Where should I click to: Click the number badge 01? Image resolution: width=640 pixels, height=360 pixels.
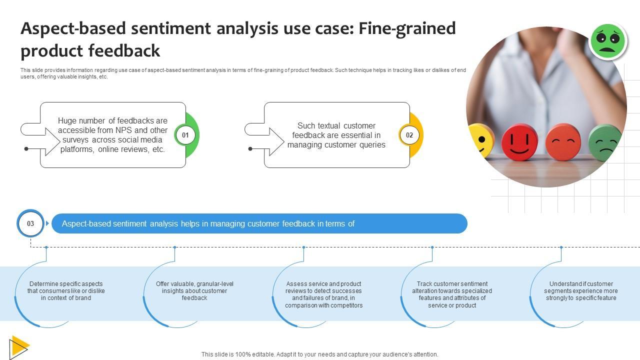tap(185, 135)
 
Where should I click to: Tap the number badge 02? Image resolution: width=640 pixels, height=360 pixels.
tap(409, 135)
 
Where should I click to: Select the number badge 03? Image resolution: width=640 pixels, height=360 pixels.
tap(30, 223)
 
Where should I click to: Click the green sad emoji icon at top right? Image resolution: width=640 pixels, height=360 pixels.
tap(607, 40)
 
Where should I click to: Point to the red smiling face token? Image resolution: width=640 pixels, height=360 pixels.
tap(519, 142)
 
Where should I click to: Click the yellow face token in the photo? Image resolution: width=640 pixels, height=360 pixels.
tap(480, 141)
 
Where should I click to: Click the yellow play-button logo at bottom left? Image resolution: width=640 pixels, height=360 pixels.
tap(19, 346)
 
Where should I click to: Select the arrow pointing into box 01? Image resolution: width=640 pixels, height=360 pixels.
tap(47, 141)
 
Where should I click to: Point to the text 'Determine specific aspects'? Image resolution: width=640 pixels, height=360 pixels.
tap(66, 284)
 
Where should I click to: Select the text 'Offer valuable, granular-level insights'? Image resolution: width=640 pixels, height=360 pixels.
tap(194, 287)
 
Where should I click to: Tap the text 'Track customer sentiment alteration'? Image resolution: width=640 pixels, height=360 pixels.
tap(452, 287)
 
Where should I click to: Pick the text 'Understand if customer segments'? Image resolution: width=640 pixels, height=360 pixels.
tap(580, 287)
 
